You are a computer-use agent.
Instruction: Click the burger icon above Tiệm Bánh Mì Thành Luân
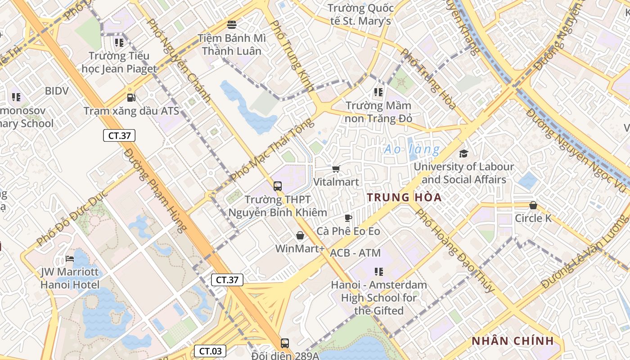232,24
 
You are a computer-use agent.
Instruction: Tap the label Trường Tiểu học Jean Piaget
119,62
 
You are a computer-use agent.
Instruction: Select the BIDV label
57,91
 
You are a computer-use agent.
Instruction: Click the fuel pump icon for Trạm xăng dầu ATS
131,97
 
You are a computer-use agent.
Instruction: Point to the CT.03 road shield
210,351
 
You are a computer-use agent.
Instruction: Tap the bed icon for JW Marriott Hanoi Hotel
70,259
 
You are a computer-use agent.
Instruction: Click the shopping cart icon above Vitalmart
336,169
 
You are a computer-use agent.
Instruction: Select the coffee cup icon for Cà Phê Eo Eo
348,218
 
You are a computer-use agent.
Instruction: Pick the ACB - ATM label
355,253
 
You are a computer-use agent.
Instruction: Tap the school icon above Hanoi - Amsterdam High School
379,271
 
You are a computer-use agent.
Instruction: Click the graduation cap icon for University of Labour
463,153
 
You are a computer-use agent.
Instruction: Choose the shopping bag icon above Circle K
533,205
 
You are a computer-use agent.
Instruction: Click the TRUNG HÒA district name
404,198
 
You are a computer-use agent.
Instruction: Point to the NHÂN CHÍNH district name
512,341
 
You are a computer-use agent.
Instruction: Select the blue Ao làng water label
411,149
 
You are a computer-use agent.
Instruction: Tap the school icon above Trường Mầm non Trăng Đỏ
378,92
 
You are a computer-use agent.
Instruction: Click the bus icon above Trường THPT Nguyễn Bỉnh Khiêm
278,186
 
